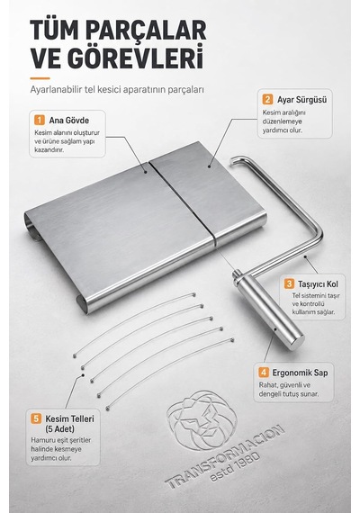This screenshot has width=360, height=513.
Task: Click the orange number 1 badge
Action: (40, 120)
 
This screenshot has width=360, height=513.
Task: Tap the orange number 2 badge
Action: (267, 100)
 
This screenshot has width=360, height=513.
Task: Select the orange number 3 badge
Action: (289, 283)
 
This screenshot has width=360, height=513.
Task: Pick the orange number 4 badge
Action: (264, 373)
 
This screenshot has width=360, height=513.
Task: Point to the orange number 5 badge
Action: (36, 418)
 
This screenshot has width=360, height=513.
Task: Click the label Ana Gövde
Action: (69, 121)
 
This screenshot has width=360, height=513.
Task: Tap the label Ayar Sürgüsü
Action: (302, 100)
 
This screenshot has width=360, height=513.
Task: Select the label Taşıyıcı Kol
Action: (318, 284)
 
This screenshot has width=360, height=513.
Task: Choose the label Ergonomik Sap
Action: (300, 373)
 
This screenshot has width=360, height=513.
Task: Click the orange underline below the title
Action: (40, 78)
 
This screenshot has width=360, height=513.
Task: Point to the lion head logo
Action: (202, 419)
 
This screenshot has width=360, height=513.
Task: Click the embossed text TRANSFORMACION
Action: (224, 456)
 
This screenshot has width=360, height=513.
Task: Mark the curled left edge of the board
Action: (32, 226)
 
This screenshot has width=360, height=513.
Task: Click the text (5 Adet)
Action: (59, 428)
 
